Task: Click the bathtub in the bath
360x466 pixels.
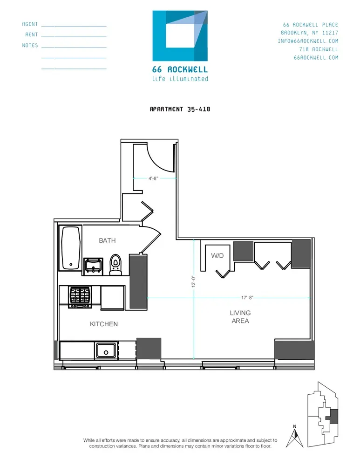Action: click(70, 248)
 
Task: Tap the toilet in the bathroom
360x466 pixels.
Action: click(115, 264)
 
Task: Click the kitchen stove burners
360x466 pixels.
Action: click(80, 296)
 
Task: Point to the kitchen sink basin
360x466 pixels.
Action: click(106, 350)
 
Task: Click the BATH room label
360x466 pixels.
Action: click(107, 240)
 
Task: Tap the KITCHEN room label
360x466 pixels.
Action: click(104, 324)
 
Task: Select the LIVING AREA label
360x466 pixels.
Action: click(240, 317)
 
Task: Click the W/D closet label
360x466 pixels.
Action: click(217, 255)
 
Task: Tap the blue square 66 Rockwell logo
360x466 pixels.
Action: click(180, 35)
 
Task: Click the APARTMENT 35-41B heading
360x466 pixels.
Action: click(180, 109)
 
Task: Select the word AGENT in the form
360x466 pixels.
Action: click(30, 24)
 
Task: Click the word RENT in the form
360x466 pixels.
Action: click(32, 35)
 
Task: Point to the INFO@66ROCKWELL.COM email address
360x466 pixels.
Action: click(308, 41)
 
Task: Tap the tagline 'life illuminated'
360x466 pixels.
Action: click(180, 79)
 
